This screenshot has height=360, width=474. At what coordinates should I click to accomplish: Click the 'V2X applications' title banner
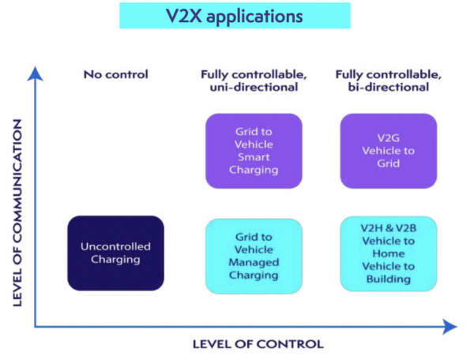(235, 16)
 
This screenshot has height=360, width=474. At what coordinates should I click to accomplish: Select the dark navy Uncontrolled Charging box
(116, 253)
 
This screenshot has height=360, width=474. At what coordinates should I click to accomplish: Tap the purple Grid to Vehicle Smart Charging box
(254, 151)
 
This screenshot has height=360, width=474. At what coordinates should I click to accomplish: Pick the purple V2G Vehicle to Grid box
(389, 151)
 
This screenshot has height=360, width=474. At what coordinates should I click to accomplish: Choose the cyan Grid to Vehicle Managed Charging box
(254, 256)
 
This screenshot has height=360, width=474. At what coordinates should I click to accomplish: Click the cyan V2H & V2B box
(389, 253)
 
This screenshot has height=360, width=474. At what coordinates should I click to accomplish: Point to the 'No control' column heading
(116, 74)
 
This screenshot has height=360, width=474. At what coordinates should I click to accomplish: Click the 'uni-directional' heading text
(254, 88)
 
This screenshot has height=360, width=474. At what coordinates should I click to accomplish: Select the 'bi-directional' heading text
(389, 88)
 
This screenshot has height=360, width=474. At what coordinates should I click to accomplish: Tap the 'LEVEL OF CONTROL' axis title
(258, 344)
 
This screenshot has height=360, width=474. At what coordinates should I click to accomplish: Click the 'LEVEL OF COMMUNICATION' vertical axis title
(17, 213)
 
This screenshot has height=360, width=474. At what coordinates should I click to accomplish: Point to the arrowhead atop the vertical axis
(35, 73)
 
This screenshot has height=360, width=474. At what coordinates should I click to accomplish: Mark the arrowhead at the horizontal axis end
(450, 327)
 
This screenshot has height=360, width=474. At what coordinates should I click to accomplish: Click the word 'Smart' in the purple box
(254, 157)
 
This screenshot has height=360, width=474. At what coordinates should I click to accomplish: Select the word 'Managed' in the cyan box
(254, 262)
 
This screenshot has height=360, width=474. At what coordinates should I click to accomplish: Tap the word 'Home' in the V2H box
(389, 253)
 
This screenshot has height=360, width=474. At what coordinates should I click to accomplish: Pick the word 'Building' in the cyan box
(389, 279)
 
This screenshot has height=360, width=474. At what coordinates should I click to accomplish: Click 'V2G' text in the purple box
(389, 138)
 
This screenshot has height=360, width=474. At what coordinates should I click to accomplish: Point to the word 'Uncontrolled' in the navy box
(116, 246)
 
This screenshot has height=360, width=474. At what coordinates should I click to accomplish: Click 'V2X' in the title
(184, 16)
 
